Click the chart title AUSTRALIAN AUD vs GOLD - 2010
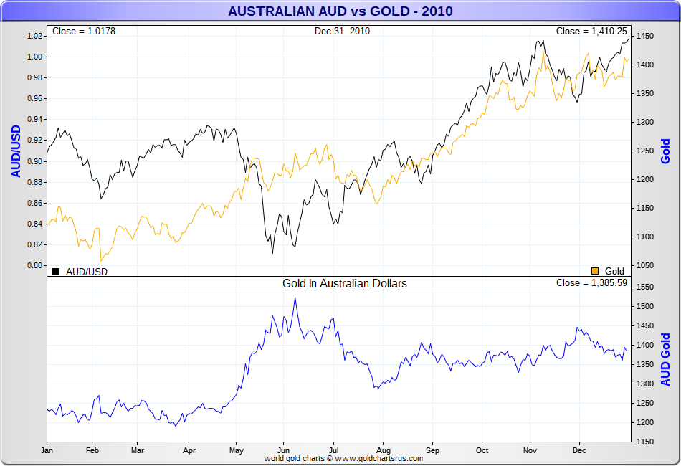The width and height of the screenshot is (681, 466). pos(340,11)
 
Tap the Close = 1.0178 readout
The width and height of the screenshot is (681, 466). pos(84,32)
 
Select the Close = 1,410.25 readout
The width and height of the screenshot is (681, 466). pos(592,32)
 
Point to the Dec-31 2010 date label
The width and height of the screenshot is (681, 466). pos(342,32)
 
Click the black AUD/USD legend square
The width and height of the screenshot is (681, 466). pos(56,271)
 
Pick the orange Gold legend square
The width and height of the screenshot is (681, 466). pos(595,271)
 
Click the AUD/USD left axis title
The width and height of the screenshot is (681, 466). pos(16,151)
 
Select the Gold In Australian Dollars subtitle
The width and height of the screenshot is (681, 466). pos(345,284)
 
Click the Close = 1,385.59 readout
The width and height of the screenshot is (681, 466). pos(592,283)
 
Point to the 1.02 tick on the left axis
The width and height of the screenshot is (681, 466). pos(35,36)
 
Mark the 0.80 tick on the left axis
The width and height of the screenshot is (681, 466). pos(35,266)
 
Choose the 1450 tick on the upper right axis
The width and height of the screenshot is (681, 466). pos(644,36)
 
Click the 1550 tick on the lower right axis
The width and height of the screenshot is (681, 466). pos(644,287)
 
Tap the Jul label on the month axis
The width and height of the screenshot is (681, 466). pos(332,451)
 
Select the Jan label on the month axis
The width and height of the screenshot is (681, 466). pos(47,451)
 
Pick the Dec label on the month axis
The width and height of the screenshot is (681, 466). pos(579,451)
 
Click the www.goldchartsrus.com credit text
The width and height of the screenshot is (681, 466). pos(378,458)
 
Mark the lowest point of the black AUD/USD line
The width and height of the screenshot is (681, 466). pos(272,252)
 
